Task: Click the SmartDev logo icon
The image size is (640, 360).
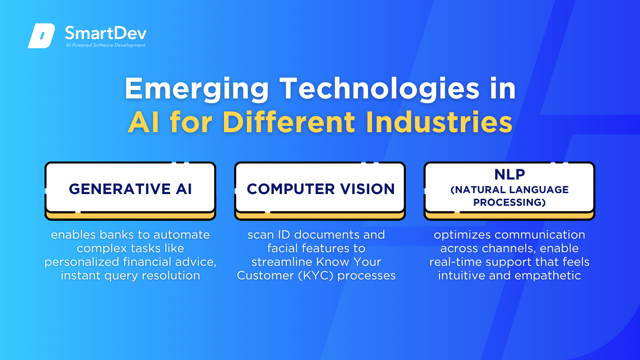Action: (x=41, y=36)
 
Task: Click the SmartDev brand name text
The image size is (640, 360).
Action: (x=106, y=33)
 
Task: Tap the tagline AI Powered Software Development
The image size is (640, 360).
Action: (x=105, y=45)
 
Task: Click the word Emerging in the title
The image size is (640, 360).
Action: (x=197, y=90)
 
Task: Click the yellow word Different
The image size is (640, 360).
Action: (x=289, y=122)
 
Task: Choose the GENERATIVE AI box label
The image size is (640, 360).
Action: (x=130, y=189)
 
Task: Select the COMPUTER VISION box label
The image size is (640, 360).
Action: (x=320, y=189)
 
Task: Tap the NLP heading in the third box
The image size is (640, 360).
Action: (x=509, y=174)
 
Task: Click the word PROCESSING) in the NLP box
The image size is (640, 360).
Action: (x=509, y=202)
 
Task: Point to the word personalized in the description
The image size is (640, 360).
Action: (x=82, y=262)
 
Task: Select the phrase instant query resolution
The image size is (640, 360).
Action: (x=130, y=276)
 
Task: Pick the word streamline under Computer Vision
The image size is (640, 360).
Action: (x=282, y=262)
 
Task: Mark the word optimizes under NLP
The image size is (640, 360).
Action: (x=462, y=235)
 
